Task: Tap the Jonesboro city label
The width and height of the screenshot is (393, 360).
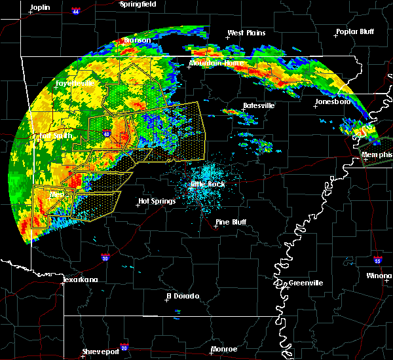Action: pos(333,102)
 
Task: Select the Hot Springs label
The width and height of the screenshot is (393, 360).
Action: pos(157,201)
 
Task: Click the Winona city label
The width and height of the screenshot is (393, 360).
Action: pos(380,276)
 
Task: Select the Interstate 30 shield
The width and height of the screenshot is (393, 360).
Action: pos(105,258)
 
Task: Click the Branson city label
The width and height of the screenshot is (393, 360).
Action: pos(138,40)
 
